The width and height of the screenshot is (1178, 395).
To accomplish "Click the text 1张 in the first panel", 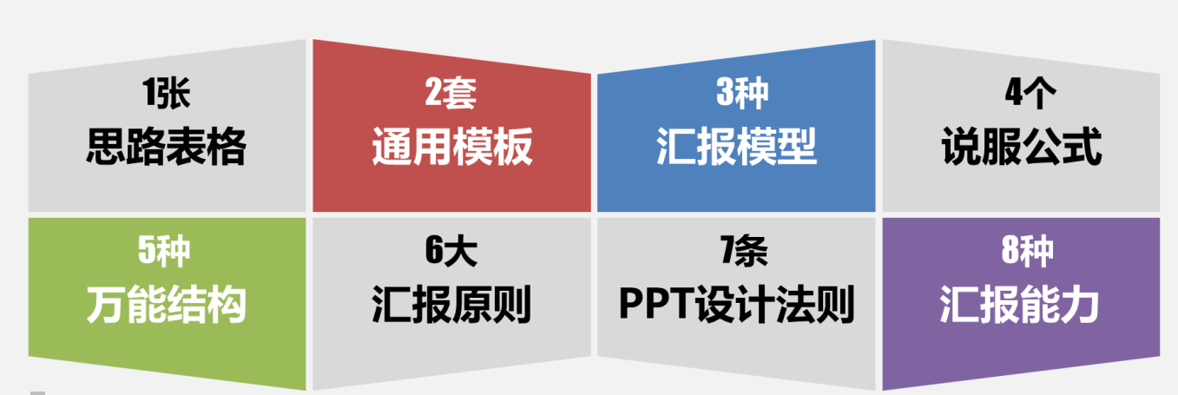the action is point(166,93).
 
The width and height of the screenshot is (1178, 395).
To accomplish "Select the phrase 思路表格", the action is point(166,146).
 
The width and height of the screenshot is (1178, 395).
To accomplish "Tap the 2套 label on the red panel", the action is point(451,93).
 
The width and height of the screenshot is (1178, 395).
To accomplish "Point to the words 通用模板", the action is point(452,146).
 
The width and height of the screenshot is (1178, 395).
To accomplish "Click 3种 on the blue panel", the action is point(742,93).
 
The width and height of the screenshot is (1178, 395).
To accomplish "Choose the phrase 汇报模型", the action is point(736,146).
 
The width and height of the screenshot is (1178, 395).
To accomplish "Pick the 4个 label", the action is point(1030,93).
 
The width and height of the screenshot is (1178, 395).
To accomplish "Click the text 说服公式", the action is point(1021,146).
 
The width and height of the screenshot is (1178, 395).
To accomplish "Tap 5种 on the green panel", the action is point(164,251).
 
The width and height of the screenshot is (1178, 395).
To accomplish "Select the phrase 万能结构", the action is point(166,305).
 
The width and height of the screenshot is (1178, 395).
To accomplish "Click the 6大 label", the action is point(451,251).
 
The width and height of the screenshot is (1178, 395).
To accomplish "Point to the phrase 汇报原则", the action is point(451,305).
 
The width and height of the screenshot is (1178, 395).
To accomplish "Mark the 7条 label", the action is point(744,251).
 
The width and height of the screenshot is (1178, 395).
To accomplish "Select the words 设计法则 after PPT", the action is point(774,305).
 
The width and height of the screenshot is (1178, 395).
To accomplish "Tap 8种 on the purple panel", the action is point(1027,251).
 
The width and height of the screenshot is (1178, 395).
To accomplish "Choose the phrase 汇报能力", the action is point(1019,305).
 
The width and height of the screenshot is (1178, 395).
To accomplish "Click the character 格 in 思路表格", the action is point(227,146).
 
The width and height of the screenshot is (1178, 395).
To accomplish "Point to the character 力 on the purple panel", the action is point(1080,305).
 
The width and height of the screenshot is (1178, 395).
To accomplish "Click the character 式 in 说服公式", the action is point(1083,146).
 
